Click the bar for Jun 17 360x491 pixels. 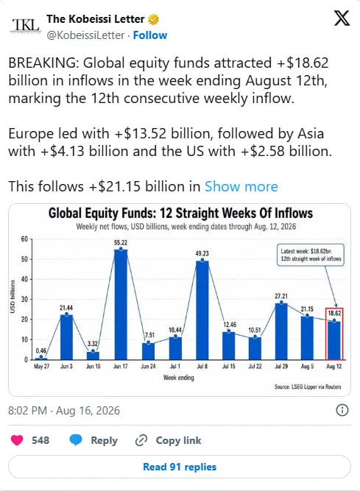[x=121, y=304]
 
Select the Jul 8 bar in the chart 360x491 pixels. [x=202, y=311]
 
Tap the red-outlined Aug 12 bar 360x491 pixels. [x=334, y=333]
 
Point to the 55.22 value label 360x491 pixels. [x=121, y=243]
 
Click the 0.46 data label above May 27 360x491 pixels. [x=41, y=350]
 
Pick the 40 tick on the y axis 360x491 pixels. [x=24, y=279]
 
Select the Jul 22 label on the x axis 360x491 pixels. [x=255, y=366]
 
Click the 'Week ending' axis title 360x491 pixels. [x=178, y=378]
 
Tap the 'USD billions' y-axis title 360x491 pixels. [x=13, y=296]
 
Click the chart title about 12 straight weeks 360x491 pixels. [x=180, y=213]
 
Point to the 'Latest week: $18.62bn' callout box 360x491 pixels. [x=311, y=255]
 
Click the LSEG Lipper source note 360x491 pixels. [x=308, y=386]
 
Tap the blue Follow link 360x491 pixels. [x=150, y=35]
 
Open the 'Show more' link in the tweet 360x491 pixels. [x=241, y=187]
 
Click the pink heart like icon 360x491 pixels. [x=17, y=440]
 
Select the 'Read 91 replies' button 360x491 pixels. [x=180, y=467]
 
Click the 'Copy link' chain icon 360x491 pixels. [x=141, y=440]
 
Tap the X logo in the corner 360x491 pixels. [x=342, y=18]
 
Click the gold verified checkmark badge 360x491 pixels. [x=153, y=19]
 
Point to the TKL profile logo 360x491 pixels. [x=26, y=25]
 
